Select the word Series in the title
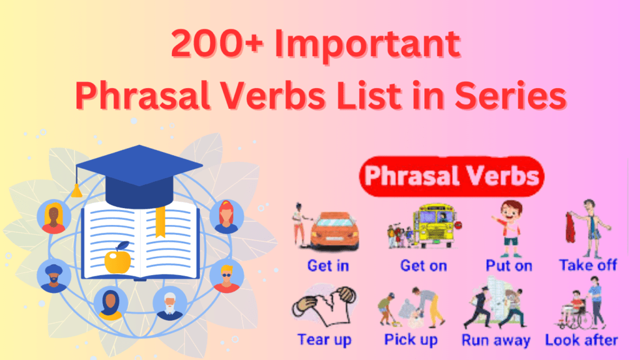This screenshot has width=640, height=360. pyautogui.click(x=511, y=95)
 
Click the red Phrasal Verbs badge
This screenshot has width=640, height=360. pyautogui.click(x=451, y=176)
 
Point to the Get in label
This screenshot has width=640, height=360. pyautogui.click(x=328, y=266)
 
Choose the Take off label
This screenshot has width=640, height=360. pyautogui.click(x=587, y=265)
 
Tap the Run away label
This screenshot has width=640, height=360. pyautogui.click(x=496, y=341)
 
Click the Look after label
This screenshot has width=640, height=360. pyautogui.click(x=581, y=340)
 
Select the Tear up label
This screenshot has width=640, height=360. pyautogui.click(x=324, y=339)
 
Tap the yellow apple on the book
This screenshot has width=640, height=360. pyautogui.click(x=118, y=258)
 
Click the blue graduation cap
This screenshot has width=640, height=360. pyautogui.click(x=139, y=176)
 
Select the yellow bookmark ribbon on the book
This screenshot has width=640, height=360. pyautogui.click(x=161, y=221)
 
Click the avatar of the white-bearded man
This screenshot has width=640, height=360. pyautogui.click(x=170, y=304)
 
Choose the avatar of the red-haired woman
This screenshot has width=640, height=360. pyautogui.click(x=226, y=216)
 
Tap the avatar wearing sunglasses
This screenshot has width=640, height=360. pyautogui.click(x=226, y=276)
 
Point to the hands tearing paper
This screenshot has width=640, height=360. pyautogui.click(x=324, y=305)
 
